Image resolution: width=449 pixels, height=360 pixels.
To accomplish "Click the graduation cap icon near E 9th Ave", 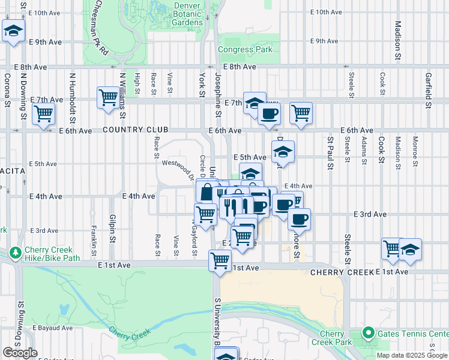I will tap(13, 31).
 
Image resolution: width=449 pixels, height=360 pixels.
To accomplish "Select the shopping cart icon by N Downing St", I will tap(44, 113).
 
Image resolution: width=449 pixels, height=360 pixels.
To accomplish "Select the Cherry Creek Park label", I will tap(331, 338).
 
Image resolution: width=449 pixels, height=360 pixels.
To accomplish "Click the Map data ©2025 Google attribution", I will tap(412, 355).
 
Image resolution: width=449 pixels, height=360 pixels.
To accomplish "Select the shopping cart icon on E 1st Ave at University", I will tap(220, 261).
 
